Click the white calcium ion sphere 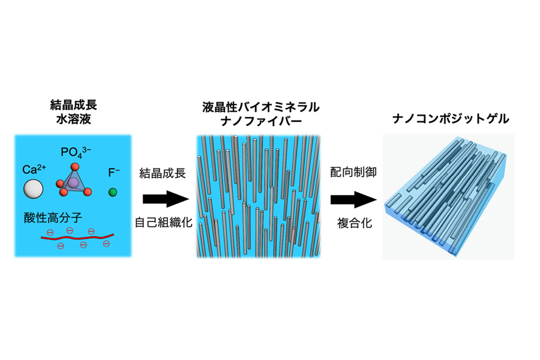pyautogui.click(x=34, y=189)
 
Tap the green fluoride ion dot pyautogui.click(x=113, y=192)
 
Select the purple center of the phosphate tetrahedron pyautogui.click(x=73, y=182)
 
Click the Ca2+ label pyautogui.click(x=34, y=169)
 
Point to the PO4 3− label pyautogui.click(x=76, y=152)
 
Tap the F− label pyautogui.click(x=113, y=172)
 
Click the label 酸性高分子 pyautogui.click(x=53, y=218)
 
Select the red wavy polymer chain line pyautogui.click(x=77, y=237)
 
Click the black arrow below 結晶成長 pyautogui.click(x=166, y=199)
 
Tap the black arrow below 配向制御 pyautogui.click(x=353, y=199)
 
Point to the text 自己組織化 pyautogui.click(x=164, y=223)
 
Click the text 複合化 pyautogui.click(x=355, y=223)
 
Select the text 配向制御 pyautogui.click(x=353, y=172)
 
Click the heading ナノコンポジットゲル pyautogui.click(x=451, y=119)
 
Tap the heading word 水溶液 pyautogui.click(x=74, y=119)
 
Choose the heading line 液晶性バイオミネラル pyautogui.click(x=261, y=107)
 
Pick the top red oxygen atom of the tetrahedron pyautogui.click(x=74, y=167)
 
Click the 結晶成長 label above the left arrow pyautogui.click(x=163, y=173)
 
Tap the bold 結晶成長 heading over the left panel pyautogui.click(x=74, y=105)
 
